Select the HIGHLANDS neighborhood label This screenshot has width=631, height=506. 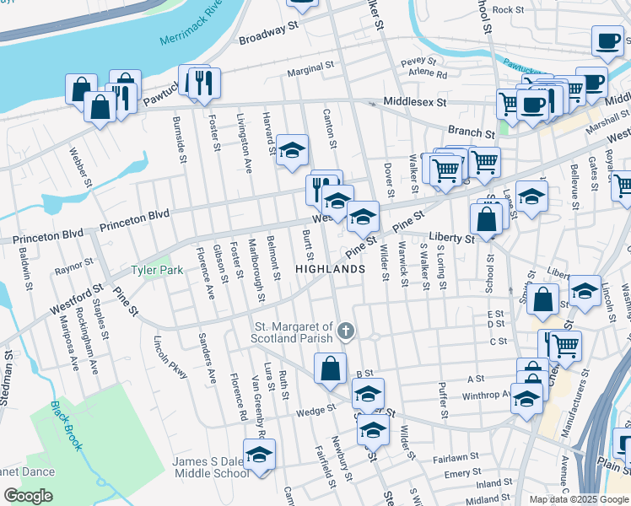330,269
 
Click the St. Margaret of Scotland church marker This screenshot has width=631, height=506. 345,332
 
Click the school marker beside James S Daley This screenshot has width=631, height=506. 260,454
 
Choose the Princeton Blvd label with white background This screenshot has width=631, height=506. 135,220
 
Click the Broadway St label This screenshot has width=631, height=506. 269,35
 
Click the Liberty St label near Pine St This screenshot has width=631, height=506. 452,238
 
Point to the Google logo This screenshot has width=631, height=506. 28,496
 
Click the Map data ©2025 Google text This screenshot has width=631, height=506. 578,499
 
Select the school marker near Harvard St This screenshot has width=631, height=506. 293,149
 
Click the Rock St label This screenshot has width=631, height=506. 509,10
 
